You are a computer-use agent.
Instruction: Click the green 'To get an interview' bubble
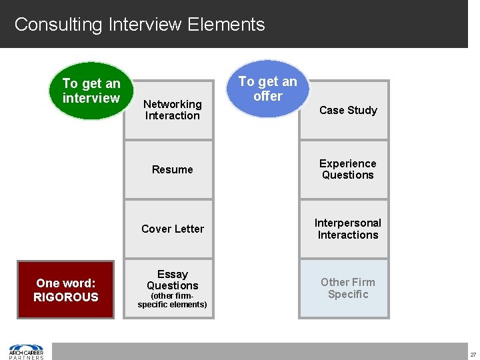pyautogui.click(x=91, y=91)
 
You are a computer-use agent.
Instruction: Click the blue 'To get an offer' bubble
pyautogui.click(x=268, y=89)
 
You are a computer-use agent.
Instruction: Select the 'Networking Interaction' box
pyautogui.click(x=172, y=110)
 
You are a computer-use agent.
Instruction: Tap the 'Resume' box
pyautogui.click(x=172, y=169)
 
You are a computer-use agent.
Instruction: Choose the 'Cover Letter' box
pyautogui.click(x=172, y=229)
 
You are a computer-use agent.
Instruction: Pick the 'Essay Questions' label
pyautogui.click(x=172, y=280)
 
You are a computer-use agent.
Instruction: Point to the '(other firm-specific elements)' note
pyautogui.click(x=172, y=300)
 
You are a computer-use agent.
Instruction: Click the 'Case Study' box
pyautogui.click(x=347, y=110)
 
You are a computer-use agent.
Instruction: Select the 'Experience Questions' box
pyautogui.click(x=347, y=169)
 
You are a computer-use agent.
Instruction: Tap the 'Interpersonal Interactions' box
pyautogui.click(x=347, y=229)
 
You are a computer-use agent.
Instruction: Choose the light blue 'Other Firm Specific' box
pyautogui.click(x=347, y=288)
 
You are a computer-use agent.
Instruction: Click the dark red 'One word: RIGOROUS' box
pyautogui.click(x=66, y=290)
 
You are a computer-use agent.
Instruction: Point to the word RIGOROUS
pyautogui.click(x=66, y=297)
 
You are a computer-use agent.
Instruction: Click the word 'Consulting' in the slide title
pyautogui.click(x=57, y=25)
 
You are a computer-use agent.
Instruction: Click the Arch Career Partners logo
pyautogui.click(x=26, y=351)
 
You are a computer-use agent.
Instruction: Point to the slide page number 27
pyautogui.click(x=473, y=355)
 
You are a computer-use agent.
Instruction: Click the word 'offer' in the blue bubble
pyautogui.click(x=268, y=96)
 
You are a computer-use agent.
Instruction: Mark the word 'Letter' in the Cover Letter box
pyautogui.click(x=189, y=229)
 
